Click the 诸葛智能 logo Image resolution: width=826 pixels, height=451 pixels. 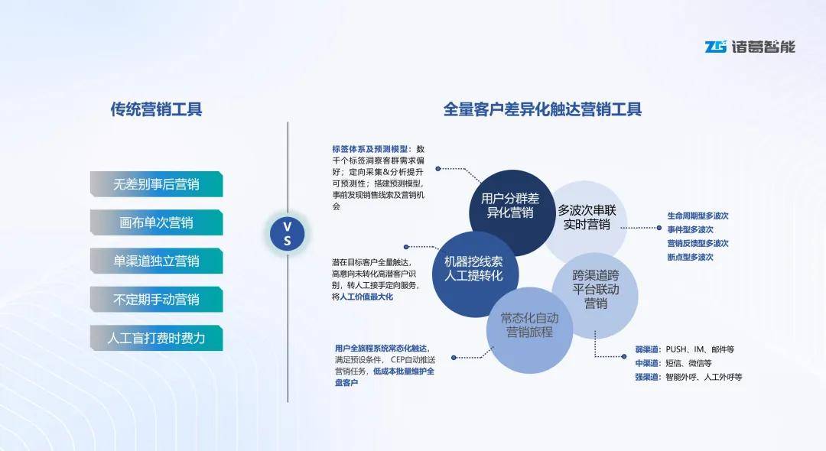pyautogui.click(x=750, y=47)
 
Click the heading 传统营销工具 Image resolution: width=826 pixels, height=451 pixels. pyautogui.click(x=156, y=109)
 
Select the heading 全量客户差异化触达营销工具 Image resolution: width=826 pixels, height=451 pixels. pyautogui.click(x=542, y=109)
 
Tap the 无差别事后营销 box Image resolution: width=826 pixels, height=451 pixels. pyautogui.click(x=156, y=184)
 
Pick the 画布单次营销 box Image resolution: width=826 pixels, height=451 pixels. pyautogui.click(x=156, y=223)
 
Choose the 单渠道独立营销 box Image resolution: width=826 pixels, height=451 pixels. pyautogui.click(x=156, y=261)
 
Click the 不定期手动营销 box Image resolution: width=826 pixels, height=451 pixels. pyautogui.click(x=156, y=300)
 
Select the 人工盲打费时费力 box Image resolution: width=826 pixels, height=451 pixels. pyautogui.click(x=156, y=338)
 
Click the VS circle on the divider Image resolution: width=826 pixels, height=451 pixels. pyautogui.click(x=288, y=233)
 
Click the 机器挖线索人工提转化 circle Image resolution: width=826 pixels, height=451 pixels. pyautogui.click(x=474, y=268)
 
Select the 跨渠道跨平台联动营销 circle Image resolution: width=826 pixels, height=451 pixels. pyautogui.click(x=596, y=290)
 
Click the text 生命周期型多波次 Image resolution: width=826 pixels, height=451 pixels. pyautogui.click(x=697, y=216)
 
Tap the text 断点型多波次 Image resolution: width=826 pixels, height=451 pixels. pyautogui.click(x=690, y=257)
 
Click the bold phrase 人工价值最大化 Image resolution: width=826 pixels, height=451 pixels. pyautogui.click(x=366, y=297)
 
